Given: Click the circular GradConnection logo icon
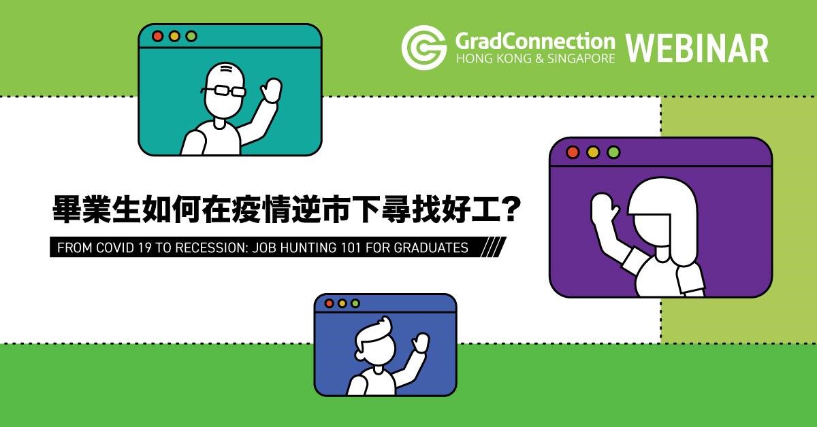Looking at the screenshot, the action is [424, 48].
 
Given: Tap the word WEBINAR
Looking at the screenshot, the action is [697, 48].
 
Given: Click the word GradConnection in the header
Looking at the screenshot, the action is [535, 41].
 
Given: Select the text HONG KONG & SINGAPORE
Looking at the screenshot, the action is [535, 58].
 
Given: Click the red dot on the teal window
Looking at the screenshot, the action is [157, 36].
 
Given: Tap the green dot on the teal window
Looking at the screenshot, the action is [191, 36].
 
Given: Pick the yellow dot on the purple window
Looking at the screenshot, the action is [593, 152].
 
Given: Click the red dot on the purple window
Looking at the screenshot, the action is [573, 152].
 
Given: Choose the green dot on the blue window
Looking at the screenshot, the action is [355, 303].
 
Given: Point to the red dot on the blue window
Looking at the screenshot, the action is [329, 303].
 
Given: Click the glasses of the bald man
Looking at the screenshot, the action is [223, 90].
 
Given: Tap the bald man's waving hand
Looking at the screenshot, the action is [271, 90].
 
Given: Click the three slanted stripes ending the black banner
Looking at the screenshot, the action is [493, 247].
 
